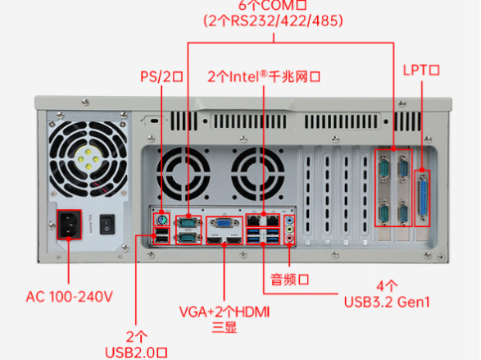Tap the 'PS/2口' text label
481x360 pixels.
[x=161, y=77]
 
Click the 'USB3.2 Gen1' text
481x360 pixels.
[x=388, y=302]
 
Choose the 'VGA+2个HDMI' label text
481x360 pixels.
[x=224, y=312]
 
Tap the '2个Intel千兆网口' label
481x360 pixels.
[x=263, y=77]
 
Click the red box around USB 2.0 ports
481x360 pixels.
[x=161, y=238]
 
